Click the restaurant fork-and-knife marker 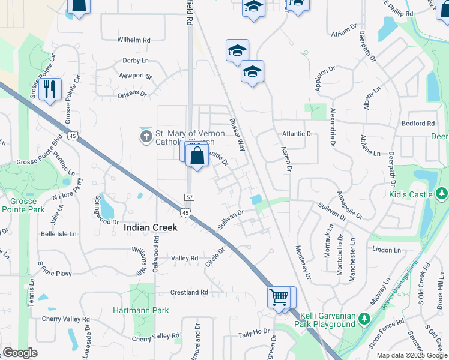click(50, 89)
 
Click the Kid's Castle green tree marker click(442, 193)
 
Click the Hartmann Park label click(141, 310)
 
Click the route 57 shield click(189, 197)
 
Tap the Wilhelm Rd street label click(134, 40)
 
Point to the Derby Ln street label click(136, 61)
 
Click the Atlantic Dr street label click(298, 134)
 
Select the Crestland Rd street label click(189, 292)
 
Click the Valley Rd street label click(184, 259)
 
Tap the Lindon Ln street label click(386, 249)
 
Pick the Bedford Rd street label click(418, 124)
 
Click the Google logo click(20, 353)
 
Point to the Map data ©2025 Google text click(411, 355)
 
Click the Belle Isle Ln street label click(58, 234)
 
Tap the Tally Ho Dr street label click(254, 332)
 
